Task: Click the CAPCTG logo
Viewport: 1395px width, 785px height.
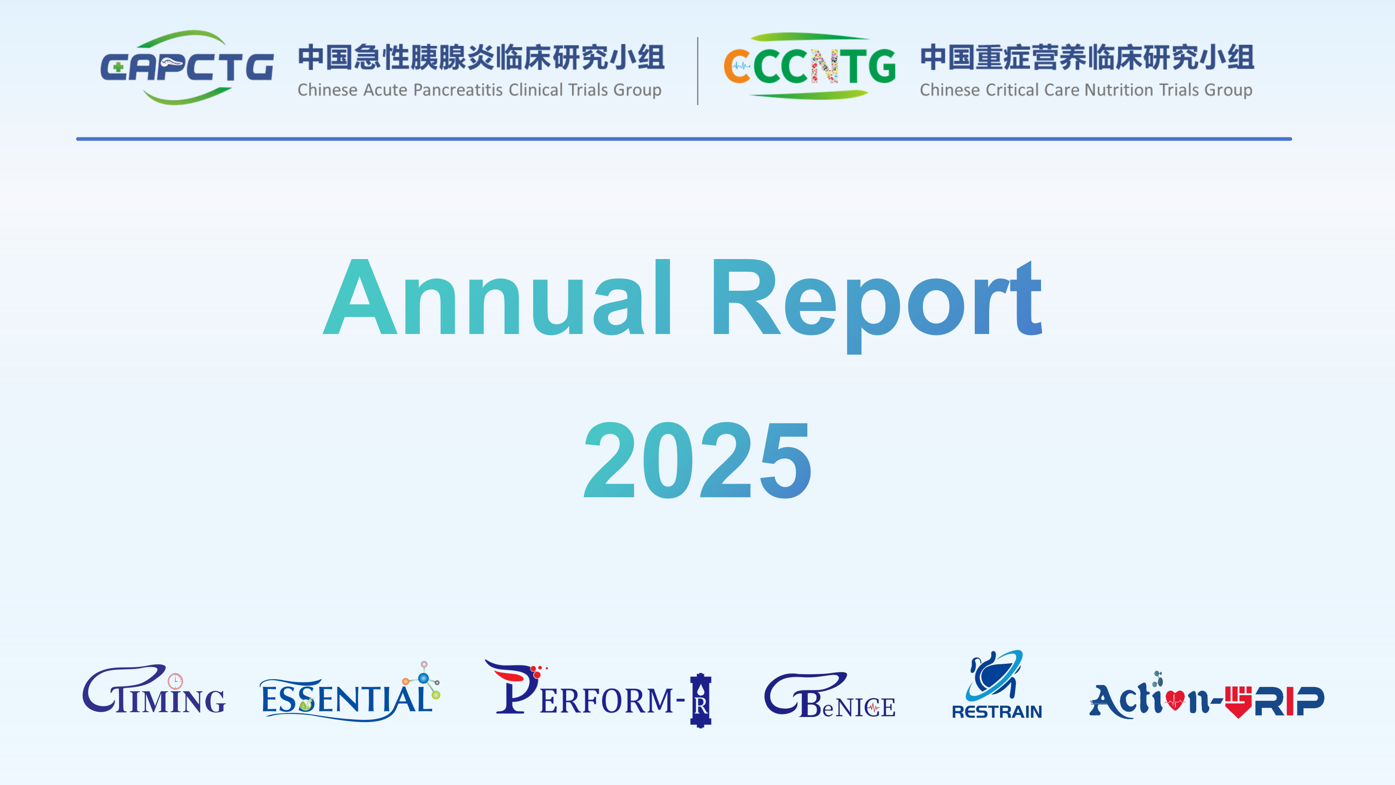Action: [x=187, y=67]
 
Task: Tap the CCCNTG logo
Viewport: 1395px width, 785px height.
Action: [x=810, y=66]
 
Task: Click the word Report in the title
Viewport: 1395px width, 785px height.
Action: [x=877, y=305]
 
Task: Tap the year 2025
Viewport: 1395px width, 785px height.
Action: [x=697, y=460]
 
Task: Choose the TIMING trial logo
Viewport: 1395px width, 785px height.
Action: [x=154, y=689]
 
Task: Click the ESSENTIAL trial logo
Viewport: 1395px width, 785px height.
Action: [x=350, y=692]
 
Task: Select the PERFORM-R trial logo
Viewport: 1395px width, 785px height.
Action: [x=598, y=693]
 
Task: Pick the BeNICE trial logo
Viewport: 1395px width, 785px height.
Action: [x=830, y=695]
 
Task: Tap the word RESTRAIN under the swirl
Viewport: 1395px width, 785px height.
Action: [x=997, y=711]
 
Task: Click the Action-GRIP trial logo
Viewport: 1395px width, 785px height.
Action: [x=1207, y=695]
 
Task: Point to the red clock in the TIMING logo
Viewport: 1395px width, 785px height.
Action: [x=175, y=681]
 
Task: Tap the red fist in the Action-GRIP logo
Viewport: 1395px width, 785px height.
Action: [x=1238, y=702]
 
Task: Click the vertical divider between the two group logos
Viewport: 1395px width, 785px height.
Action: [x=697, y=71]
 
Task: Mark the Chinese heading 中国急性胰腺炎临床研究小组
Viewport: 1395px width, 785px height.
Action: [x=481, y=58]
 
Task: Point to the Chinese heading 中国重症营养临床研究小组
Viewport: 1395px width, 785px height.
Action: [x=1087, y=58]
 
